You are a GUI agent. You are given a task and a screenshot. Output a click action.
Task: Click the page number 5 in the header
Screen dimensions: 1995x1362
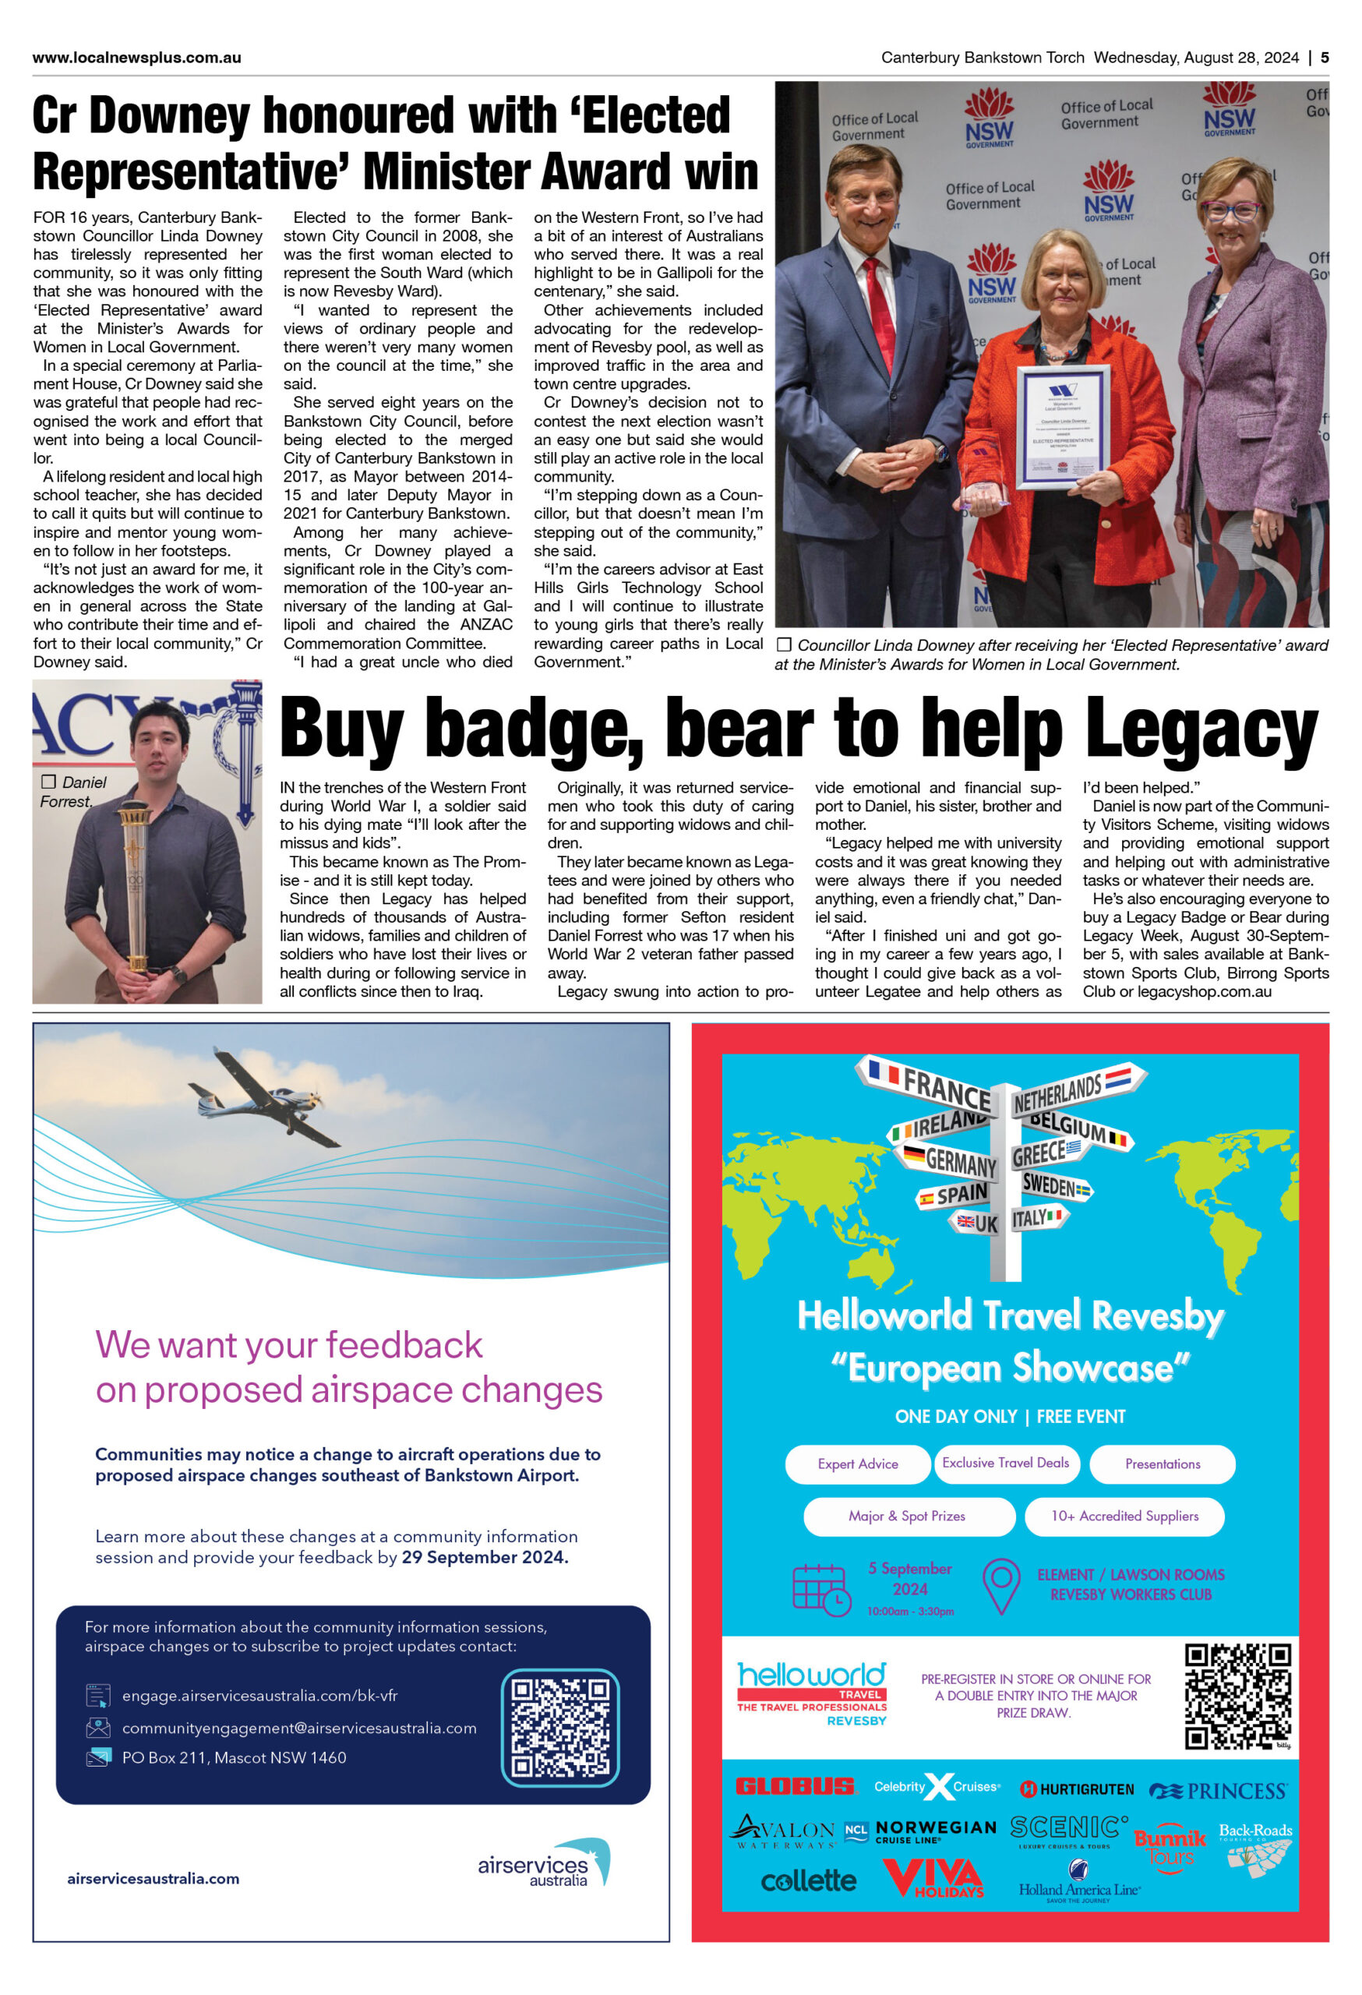click(1325, 58)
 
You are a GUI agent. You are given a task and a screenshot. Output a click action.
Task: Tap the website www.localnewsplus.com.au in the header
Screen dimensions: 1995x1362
click(136, 58)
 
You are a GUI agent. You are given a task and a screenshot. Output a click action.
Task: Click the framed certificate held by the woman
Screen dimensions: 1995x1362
click(1063, 426)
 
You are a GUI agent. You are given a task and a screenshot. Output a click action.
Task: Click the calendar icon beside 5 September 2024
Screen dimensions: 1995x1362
click(820, 1589)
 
